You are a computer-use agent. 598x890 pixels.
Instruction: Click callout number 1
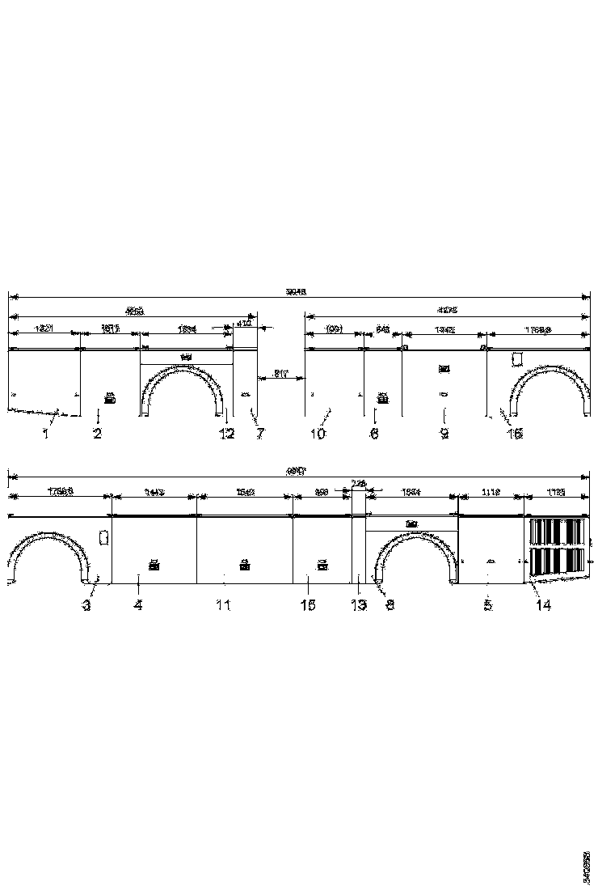pyautogui.click(x=46, y=434)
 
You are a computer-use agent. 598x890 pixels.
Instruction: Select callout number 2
pyautogui.click(x=97, y=434)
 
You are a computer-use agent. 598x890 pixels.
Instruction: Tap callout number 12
pyautogui.click(x=227, y=434)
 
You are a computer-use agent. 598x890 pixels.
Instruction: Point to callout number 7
pyautogui.click(x=260, y=434)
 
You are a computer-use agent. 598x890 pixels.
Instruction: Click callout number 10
pyautogui.click(x=318, y=434)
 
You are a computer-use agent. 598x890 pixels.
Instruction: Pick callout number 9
pyautogui.click(x=444, y=434)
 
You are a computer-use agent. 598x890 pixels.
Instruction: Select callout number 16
pyautogui.click(x=515, y=434)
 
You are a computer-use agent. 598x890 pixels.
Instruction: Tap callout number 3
pyautogui.click(x=86, y=605)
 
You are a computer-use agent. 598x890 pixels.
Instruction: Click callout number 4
pyautogui.click(x=138, y=605)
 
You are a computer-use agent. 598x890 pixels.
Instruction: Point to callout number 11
pyautogui.click(x=224, y=605)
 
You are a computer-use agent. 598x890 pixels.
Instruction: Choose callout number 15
pyautogui.click(x=307, y=605)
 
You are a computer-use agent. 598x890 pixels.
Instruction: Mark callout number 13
pyautogui.click(x=359, y=605)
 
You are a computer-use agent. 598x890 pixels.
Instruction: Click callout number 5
pyautogui.click(x=488, y=605)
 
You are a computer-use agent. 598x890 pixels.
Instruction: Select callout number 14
pyautogui.click(x=544, y=605)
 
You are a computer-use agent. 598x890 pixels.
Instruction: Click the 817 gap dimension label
pyautogui.click(x=280, y=373)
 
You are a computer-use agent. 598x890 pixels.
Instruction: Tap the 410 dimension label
pyautogui.click(x=243, y=324)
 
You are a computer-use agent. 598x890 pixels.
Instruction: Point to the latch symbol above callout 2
pyautogui.click(x=109, y=397)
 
